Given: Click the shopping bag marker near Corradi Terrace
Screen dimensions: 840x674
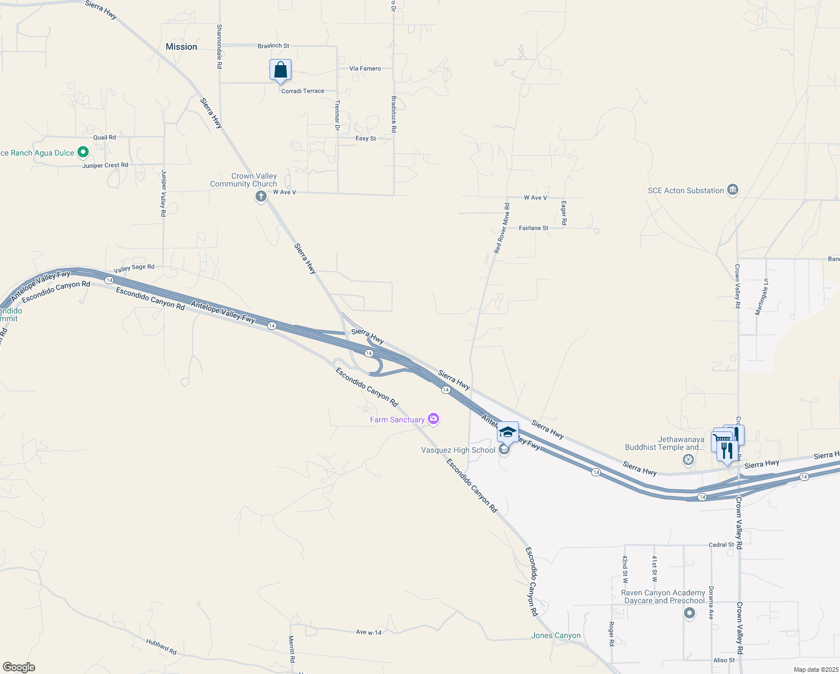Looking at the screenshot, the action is (280, 71).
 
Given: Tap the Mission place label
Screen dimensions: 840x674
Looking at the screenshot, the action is (181, 47).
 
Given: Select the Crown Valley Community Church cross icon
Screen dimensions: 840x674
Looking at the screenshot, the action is (261, 196).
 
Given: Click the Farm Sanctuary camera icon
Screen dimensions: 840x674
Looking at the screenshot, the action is (433, 418).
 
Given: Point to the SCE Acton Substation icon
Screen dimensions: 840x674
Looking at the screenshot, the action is (732, 190).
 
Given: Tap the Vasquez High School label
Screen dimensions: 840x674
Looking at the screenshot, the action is (458, 450).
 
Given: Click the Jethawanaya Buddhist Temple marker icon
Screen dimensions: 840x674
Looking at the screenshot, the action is (688, 460).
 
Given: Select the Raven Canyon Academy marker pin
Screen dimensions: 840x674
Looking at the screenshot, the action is (690, 613).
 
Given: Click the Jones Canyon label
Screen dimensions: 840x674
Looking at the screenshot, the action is (556, 636).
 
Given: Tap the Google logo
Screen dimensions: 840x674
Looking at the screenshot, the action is (19, 667).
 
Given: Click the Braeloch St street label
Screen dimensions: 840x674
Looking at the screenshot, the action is (273, 46).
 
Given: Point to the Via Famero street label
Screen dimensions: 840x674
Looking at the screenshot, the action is (365, 69).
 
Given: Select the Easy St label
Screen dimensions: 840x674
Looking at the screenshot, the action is (366, 138).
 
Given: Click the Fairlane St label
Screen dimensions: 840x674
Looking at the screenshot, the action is (533, 228).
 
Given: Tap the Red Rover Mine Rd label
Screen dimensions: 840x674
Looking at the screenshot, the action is (502, 228).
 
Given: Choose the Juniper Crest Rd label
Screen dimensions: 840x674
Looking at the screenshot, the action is (105, 165).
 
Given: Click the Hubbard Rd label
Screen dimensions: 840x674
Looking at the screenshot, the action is (161, 646).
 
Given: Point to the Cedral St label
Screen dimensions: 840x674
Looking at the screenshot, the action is (721, 545).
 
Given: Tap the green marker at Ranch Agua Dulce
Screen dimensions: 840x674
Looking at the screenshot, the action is (83, 152).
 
